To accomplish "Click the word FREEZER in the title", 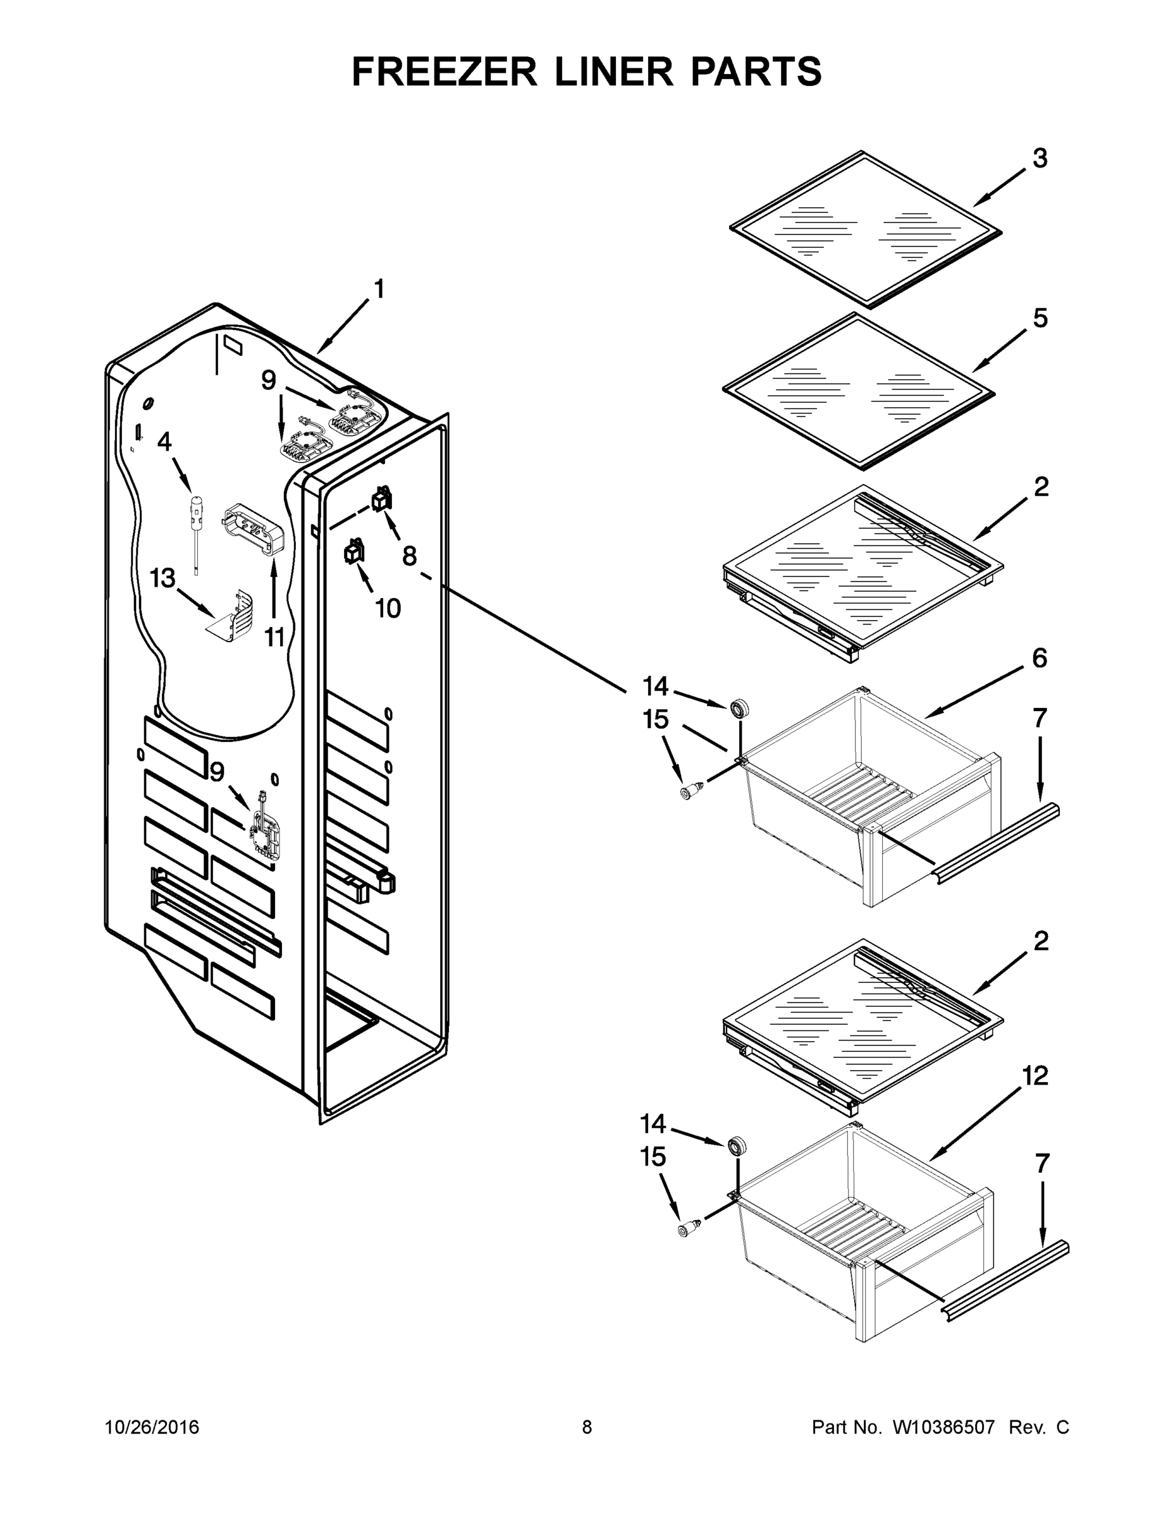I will click(443, 71).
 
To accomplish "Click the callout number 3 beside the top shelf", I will click(1040, 159).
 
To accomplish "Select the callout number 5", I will click(1040, 319).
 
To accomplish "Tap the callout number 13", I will click(163, 578).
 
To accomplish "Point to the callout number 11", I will click(275, 637).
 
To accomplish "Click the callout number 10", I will click(388, 609).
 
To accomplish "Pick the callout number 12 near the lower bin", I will click(1035, 1076).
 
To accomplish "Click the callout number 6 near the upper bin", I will click(1040, 658).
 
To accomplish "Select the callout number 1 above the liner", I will click(379, 288).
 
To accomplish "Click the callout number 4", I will click(164, 441).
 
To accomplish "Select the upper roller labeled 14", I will click(738, 709).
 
